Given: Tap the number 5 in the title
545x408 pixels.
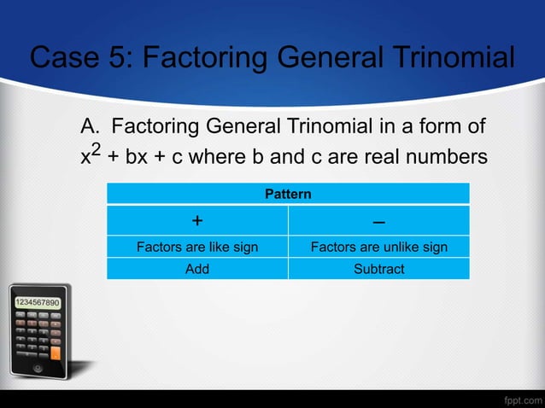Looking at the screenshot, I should coord(119,59).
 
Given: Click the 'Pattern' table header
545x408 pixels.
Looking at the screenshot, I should coord(288,195).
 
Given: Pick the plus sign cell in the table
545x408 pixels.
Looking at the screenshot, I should coord(197,221).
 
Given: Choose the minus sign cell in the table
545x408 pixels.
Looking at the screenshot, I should coord(378,221).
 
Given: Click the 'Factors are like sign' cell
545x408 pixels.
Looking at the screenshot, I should coord(197,248).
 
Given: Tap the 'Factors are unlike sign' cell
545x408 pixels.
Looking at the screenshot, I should coord(378,248).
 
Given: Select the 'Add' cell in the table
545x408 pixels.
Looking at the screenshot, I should coord(197,269).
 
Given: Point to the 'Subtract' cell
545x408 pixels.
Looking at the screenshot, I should coord(378,269).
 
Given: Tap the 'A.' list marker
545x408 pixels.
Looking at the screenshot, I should coord(91,128).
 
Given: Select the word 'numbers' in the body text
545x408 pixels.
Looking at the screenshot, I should coord(448,158).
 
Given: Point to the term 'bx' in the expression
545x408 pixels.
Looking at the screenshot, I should coord(137,158).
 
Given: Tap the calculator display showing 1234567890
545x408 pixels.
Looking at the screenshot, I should coord(36,303).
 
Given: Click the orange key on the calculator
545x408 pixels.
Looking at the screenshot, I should coord(56,351).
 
